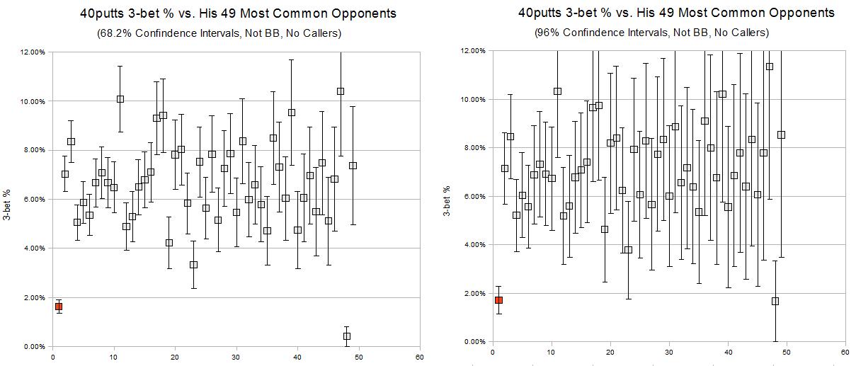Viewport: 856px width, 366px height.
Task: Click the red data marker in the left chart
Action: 59,307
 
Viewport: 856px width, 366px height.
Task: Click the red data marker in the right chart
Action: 498,300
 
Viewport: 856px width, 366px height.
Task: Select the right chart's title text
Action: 676,13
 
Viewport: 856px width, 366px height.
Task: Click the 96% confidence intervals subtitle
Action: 651,33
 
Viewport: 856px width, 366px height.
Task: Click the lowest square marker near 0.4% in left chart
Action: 346,336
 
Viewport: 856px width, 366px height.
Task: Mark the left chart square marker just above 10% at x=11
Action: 120,99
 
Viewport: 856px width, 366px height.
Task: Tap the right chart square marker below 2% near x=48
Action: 775,301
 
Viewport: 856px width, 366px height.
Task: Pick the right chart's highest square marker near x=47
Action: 769,67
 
